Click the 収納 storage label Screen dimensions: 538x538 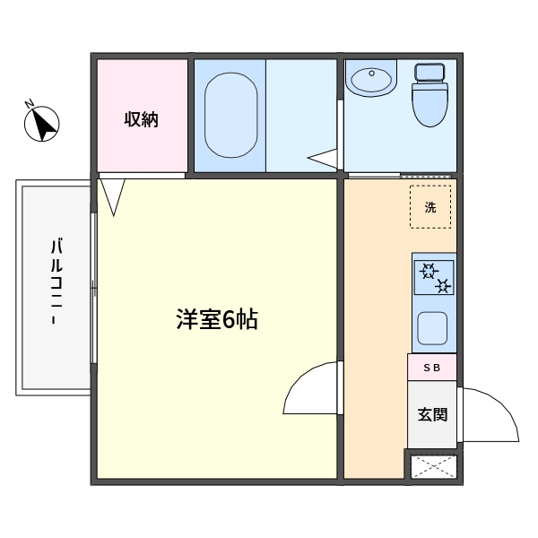tap(141, 119)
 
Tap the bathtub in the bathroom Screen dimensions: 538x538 tap(231, 116)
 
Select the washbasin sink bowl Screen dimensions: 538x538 tap(371, 81)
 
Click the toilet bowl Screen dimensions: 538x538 tap(430, 105)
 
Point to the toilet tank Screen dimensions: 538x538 tap(430, 73)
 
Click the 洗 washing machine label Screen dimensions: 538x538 tap(430, 207)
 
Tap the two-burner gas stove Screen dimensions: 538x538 tap(434, 277)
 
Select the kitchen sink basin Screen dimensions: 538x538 tap(432, 328)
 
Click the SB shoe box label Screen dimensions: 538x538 tap(431, 368)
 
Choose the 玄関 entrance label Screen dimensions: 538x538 tap(432, 414)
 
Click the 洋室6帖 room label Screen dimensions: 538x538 tap(217, 319)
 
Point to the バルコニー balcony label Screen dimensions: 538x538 tap(56, 282)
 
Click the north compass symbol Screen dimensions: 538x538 tap(42, 124)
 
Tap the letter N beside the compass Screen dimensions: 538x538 tap(29, 103)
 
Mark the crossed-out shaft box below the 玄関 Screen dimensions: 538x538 tap(434, 466)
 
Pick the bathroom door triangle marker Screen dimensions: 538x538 tap(322, 159)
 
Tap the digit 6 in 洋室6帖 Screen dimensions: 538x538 tap(228, 320)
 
